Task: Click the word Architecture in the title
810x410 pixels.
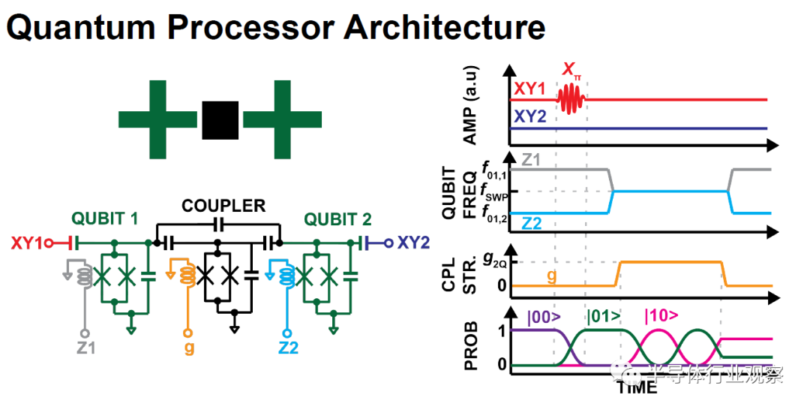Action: (445, 28)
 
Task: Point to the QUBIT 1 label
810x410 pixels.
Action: (104, 219)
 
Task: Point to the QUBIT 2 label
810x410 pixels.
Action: (336, 219)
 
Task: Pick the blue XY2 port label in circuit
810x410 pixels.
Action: (413, 243)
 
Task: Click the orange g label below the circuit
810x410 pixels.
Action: (187, 348)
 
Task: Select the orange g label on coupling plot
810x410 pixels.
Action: (552, 276)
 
